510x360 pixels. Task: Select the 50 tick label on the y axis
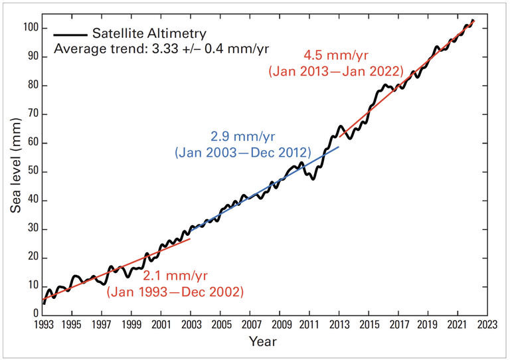tap(31, 172)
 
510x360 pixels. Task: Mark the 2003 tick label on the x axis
tap(191, 325)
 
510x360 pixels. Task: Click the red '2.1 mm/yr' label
tap(175, 276)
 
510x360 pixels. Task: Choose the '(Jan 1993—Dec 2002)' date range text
tap(175, 292)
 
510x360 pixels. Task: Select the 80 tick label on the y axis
tap(31, 86)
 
